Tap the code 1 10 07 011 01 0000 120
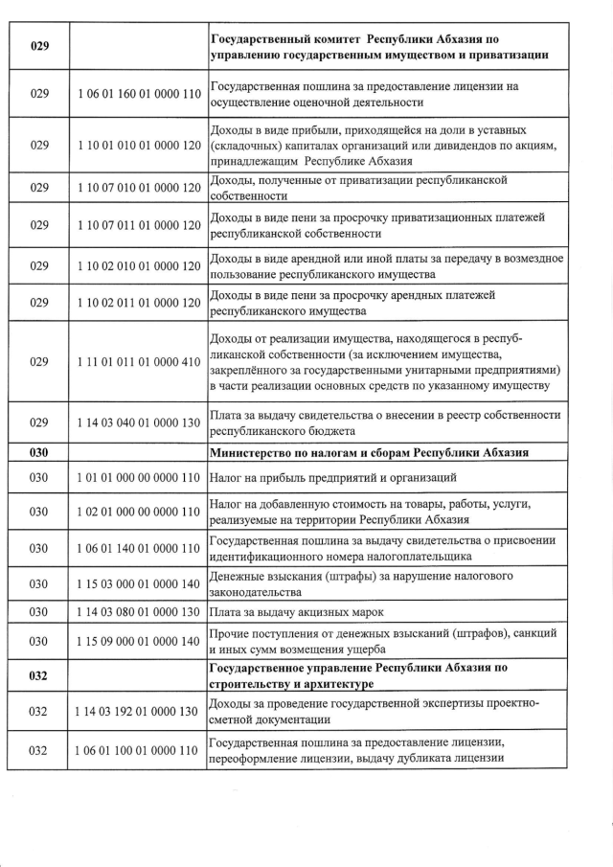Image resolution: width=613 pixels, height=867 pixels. point(138,225)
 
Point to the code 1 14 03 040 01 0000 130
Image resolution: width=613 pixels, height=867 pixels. point(138,422)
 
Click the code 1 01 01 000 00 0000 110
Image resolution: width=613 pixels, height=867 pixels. point(138,477)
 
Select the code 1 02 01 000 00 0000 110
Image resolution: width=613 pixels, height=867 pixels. point(138,512)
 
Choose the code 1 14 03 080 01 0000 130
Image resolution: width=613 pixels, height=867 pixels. point(138,611)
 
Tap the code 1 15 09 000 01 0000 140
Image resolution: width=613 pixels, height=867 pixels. point(138,640)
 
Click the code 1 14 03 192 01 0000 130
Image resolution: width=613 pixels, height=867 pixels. point(138,711)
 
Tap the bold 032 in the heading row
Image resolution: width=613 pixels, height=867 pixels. point(39,675)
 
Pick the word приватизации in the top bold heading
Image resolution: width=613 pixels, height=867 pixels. point(510,56)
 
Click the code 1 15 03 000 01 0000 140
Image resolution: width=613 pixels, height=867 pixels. point(138,583)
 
